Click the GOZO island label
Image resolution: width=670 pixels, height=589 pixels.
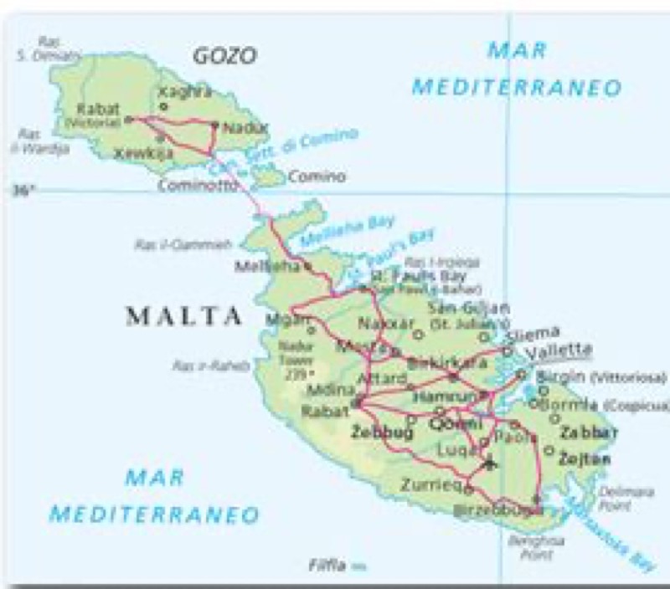pyautogui.click(x=224, y=57)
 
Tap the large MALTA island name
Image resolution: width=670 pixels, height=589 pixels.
pyautogui.click(x=184, y=316)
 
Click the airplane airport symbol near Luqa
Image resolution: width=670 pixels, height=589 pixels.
pyautogui.click(x=490, y=463)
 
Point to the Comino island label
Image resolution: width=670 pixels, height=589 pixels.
pyautogui.click(x=317, y=177)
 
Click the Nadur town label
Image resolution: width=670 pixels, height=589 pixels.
pyautogui.click(x=246, y=128)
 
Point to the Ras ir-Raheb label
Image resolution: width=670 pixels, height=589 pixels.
pyautogui.click(x=195, y=365)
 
